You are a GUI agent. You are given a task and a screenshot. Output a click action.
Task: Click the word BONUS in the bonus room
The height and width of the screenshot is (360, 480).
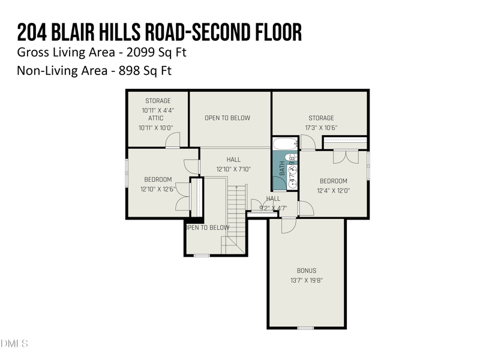[x=306, y=271]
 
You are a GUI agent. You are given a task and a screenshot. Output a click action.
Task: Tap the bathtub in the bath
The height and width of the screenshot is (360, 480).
[x=285, y=144]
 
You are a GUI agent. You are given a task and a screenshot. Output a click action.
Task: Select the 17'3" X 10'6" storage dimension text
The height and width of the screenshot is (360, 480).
[x=321, y=128]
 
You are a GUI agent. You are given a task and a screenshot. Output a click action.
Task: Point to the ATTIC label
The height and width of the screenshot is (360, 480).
[x=155, y=118]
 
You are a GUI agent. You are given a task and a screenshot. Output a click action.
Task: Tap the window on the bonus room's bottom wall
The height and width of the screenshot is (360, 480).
[x=306, y=328]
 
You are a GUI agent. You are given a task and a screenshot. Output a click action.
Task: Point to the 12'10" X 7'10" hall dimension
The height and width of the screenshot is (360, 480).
[x=233, y=169]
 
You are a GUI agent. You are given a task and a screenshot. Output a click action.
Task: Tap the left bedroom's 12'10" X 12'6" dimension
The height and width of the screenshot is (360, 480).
[x=158, y=189]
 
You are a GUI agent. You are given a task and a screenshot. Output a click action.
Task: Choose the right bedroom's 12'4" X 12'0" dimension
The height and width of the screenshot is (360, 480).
[x=333, y=191]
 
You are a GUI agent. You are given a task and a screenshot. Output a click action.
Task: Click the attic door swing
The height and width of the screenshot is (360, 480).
[x=172, y=140]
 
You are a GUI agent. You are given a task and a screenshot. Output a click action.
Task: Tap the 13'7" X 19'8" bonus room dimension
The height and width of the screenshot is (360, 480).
[x=306, y=280]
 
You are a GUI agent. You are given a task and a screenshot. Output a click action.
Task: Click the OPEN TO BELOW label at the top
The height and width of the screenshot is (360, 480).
[x=227, y=118]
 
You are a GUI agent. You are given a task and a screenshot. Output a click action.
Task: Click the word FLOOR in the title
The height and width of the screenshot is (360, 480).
[x=272, y=31]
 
